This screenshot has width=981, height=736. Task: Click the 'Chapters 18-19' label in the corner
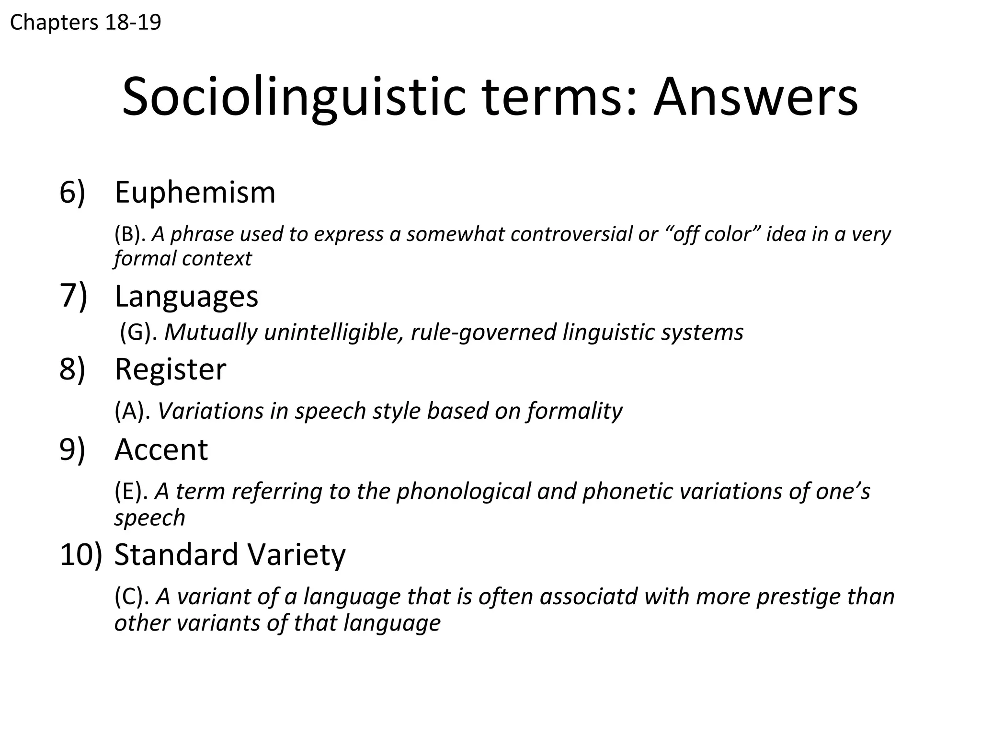point(85,23)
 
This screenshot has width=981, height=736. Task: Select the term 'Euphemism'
point(195,193)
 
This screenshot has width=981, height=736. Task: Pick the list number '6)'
point(72,193)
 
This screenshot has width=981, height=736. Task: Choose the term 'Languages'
point(186,296)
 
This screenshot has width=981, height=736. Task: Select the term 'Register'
point(170,369)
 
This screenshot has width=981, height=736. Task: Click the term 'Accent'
point(161,450)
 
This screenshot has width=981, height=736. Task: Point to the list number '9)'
point(72,450)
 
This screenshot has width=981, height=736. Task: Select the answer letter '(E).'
point(131,492)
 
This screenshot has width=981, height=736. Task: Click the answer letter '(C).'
point(131,597)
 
